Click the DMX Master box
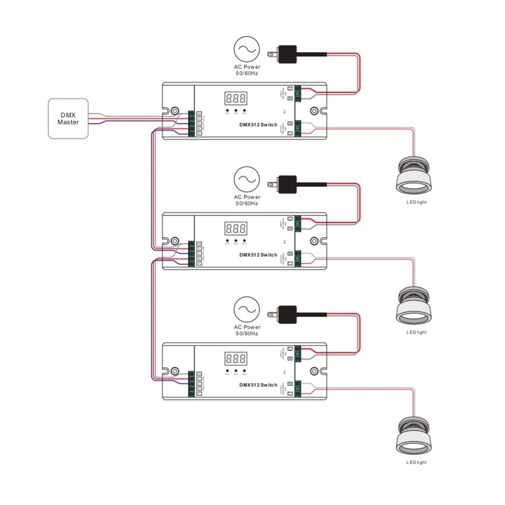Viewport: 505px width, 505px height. point(68,118)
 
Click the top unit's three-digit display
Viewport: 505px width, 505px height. point(236,98)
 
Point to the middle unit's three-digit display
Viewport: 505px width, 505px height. point(236,228)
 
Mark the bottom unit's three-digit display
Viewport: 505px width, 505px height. point(236,358)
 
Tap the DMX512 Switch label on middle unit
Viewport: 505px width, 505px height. point(258,255)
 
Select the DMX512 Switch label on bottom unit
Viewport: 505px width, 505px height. point(258,385)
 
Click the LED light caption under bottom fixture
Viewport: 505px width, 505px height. point(416,463)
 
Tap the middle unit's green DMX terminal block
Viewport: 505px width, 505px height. point(191,254)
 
